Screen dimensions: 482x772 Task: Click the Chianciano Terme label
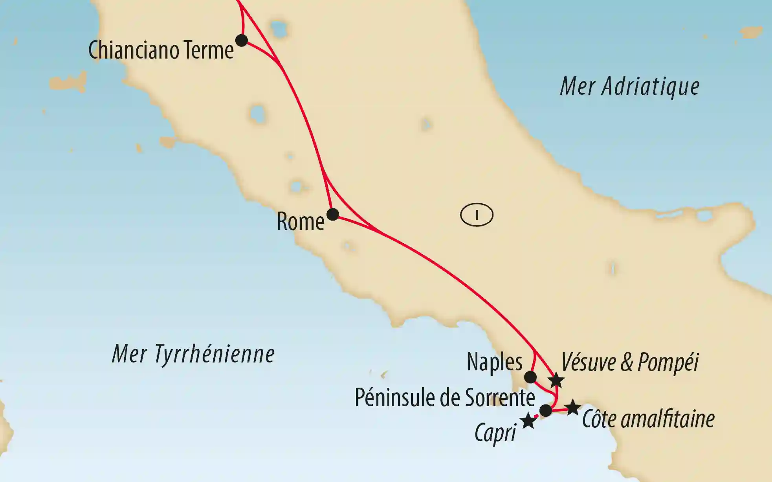[x=161, y=50]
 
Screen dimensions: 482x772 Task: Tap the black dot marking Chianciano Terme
[x=241, y=40]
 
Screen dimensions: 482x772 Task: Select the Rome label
[x=301, y=222]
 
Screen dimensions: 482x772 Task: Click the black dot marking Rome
[x=333, y=214]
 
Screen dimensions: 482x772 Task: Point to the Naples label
[x=494, y=362]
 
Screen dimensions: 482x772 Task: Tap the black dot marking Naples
[x=530, y=377]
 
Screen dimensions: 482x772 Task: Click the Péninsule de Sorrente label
[x=444, y=397]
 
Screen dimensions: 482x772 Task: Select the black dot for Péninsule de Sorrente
[x=546, y=410]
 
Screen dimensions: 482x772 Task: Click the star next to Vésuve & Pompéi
[x=556, y=380]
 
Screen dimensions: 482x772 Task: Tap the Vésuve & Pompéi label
[x=630, y=362]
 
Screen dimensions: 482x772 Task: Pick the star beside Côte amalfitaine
[x=572, y=408]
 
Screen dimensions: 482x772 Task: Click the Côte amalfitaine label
[x=648, y=419]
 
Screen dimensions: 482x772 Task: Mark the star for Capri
[x=528, y=421]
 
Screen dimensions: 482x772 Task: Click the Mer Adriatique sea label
[x=629, y=86]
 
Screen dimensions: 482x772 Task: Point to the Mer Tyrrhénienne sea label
[x=193, y=354]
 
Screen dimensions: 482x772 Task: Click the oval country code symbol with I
[x=477, y=215]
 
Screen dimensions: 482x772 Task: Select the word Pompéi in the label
[x=668, y=362]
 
